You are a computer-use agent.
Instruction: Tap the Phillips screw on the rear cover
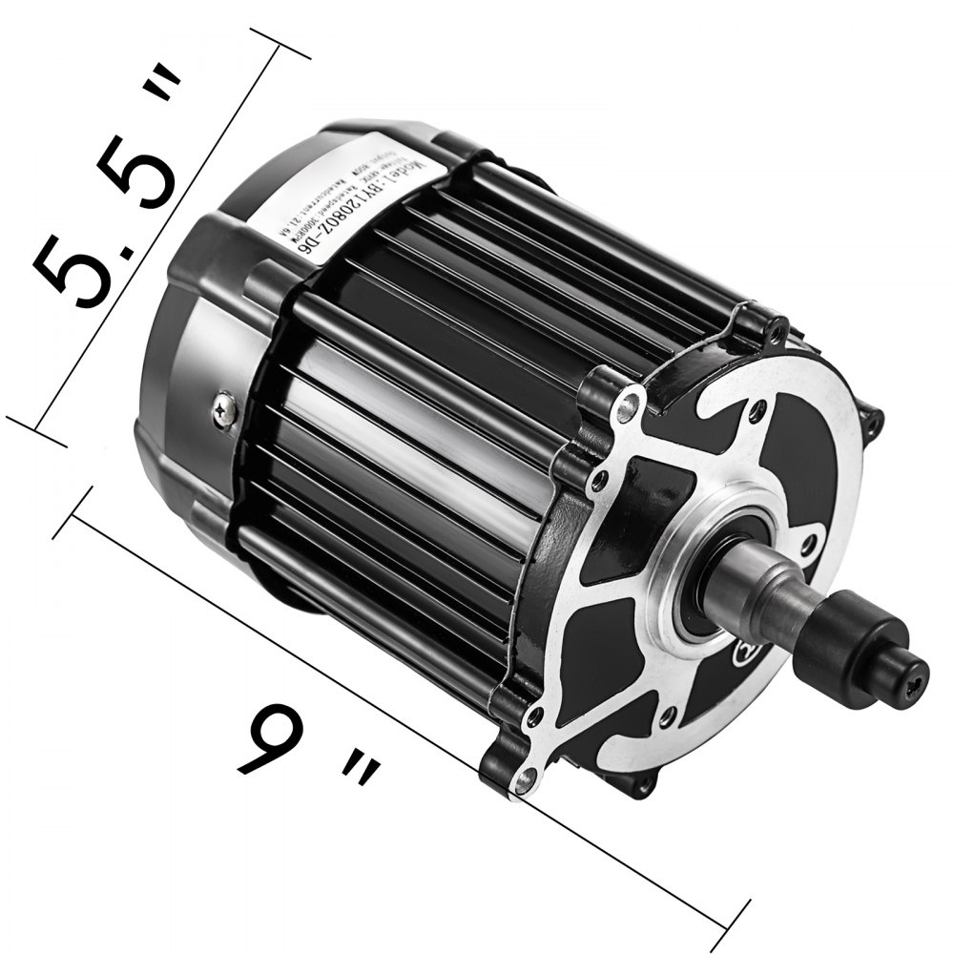tap(226, 412)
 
